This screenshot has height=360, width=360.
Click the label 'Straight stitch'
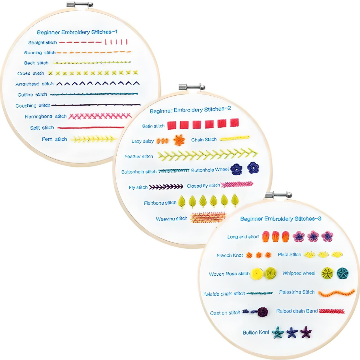point(42,43)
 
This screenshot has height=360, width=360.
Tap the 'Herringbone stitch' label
point(46,117)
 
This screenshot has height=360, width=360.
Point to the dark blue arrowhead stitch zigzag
point(98,83)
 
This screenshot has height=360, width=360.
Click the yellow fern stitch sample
point(93,139)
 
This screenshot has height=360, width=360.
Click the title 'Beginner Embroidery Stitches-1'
point(77,32)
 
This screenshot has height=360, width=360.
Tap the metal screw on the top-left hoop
point(80,5)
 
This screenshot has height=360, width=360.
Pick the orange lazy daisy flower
point(179,140)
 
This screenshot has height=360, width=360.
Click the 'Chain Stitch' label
point(204,140)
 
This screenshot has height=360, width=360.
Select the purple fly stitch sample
point(166,187)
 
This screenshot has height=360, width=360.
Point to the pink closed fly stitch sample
point(237,185)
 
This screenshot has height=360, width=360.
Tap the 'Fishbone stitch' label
point(160,203)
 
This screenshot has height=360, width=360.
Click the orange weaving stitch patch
point(208,217)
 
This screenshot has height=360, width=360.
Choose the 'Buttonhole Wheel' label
point(210,170)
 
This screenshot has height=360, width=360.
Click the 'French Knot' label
point(230,255)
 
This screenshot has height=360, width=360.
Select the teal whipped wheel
point(342,273)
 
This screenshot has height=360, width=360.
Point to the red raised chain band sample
point(332,311)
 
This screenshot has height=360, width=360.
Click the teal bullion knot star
point(278,332)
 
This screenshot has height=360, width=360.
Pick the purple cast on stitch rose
point(262,312)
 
